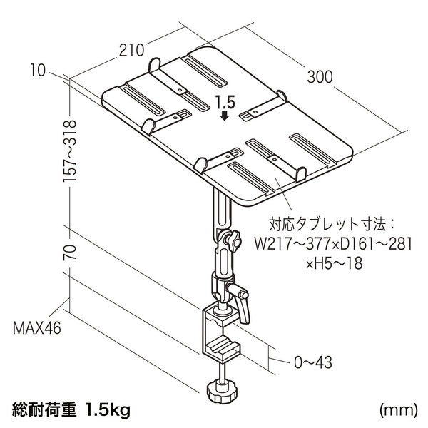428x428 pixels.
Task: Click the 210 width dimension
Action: coord(131,50)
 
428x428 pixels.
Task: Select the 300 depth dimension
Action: coord(320,77)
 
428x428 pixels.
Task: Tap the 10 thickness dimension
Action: coord(37,71)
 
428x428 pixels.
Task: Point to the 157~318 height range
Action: coord(69,151)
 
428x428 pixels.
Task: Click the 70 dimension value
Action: coord(69,253)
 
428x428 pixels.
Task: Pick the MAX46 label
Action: coord(37,328)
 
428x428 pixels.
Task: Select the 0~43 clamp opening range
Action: coord(313,362)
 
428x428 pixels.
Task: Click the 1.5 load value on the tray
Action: coord(225,103)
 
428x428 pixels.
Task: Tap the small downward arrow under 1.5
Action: coord(225,115)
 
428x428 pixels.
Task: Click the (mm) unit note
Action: coord(398,410)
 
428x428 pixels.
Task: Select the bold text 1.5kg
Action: coord(107,409)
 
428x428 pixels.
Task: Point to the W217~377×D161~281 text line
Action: coord(333,243)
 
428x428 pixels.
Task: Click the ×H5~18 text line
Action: coord(334,263)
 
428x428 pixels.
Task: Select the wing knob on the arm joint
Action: coord(233,240)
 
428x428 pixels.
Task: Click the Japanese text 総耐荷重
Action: coord(44,409)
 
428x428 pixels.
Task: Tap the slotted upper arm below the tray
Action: coord(223,212)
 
